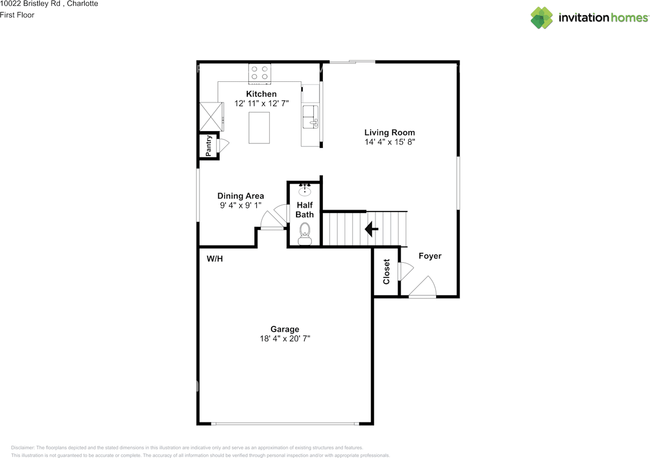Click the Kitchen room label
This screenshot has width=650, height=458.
coord(261,94)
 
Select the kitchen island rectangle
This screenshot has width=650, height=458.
coord(259,128)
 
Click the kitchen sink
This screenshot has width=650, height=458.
coord(310,117)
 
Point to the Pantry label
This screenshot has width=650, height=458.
coord(208,146)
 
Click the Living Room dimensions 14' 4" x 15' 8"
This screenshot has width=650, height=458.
coord(389,142)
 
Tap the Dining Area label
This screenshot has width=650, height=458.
coord(240,196)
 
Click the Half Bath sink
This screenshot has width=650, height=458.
coord(305,191)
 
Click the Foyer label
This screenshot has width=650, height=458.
coord(430,256)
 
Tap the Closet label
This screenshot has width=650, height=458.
coord(386,272)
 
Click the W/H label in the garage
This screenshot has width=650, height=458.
coord(215,259)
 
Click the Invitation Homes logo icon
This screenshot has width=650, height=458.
coord(542,18)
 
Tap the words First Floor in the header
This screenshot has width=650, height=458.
coord(17,15)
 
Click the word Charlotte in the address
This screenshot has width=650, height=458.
coord(83,4)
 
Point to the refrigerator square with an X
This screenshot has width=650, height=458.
coord(211,116)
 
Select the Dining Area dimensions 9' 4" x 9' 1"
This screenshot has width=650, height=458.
coord(240,206)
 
